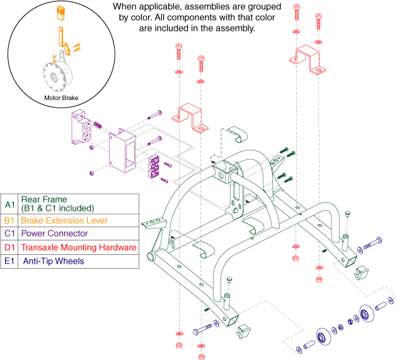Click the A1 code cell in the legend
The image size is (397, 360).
click(9, 204)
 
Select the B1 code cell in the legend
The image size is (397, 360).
click(9, 221)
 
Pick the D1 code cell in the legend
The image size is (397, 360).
click(9, 247)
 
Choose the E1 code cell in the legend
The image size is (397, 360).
click(9, 261)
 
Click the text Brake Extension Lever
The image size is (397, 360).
click(61, 221)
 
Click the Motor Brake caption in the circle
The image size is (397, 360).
click(62, 98)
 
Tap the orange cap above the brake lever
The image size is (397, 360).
click(62, 11)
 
